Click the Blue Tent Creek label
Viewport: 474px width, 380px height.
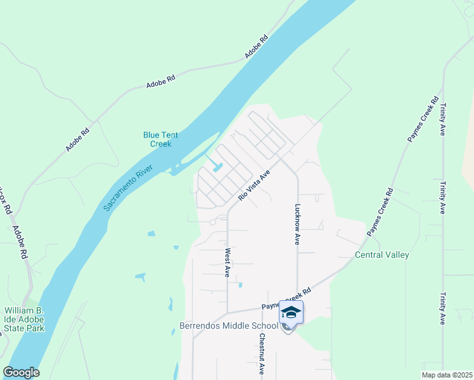[x=157, y=139]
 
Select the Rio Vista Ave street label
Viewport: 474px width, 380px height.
[x=254, y=185]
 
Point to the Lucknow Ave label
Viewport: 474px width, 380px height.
[x=297, y=224]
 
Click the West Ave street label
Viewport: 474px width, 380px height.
[x=227, y=262]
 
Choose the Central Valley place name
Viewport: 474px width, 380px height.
[x=381, y=255]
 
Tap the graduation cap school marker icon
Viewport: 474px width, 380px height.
[x=291, y=313]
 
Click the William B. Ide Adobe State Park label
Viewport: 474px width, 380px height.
[x=24, y=320]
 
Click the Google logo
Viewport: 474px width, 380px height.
[x=21, y=372]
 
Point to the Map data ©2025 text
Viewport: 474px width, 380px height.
[x=446, y=375]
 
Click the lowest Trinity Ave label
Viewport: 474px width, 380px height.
[x=442, y=308]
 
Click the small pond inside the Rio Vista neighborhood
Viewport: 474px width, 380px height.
[x=217, y=168]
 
